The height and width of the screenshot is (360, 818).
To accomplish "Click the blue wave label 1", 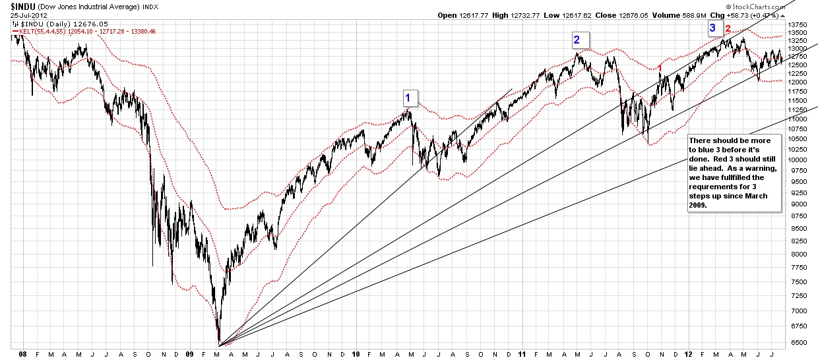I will point(408,98).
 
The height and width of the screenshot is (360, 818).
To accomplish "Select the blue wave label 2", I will point(577,40).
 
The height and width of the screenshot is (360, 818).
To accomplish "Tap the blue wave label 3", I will point(712,28).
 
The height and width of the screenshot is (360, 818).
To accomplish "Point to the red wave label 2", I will point(728,29).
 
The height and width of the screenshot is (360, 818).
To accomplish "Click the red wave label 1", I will point(660,68).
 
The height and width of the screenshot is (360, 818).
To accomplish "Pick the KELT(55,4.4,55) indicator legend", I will point(41,30).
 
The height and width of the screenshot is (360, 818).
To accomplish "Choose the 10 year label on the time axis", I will point(355,353).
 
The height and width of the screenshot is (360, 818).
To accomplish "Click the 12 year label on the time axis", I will point(688,353).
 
